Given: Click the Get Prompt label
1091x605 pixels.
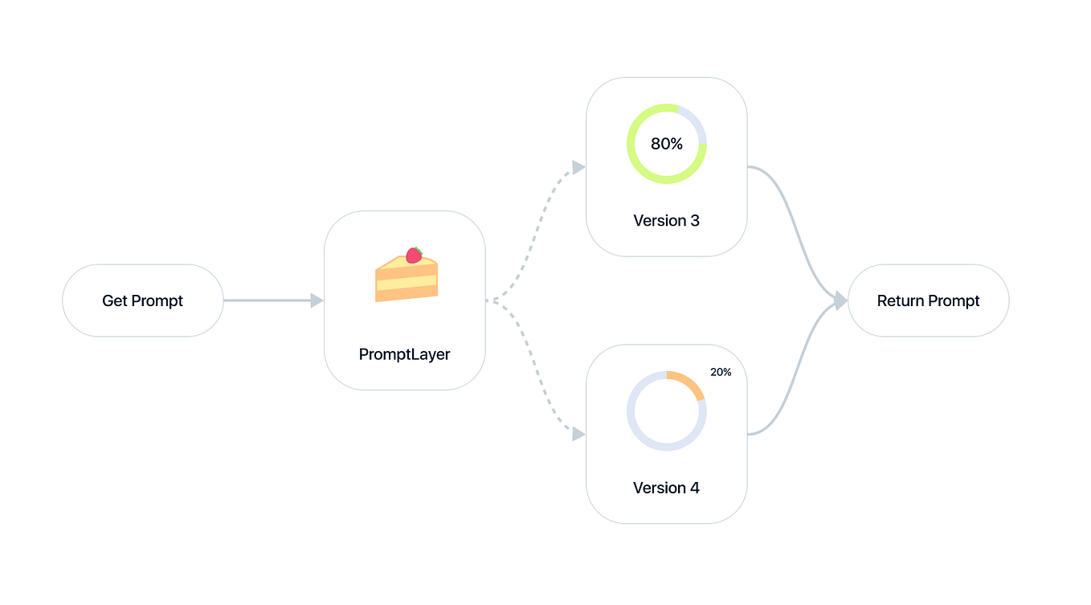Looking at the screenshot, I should pyautogui.click(x=142, y=300).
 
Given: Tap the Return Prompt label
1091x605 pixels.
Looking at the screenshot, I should pyautogui.click(x=928, y=300).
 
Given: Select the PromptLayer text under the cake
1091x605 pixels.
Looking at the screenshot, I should pyautogui.click(x=404, y=354).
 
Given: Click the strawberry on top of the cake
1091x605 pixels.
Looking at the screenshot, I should pyautogui.click(x=414, y=255).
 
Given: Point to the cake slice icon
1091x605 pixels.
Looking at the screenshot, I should pyautogui.click(x=407, y=277).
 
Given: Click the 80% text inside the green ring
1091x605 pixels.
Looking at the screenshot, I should pyautogui.click(x=666, y=144).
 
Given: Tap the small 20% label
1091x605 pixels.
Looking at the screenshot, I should pyautogui.click(x=721, y=372).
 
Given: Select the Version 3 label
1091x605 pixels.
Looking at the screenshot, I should pyautogui.click(x=666, y=220).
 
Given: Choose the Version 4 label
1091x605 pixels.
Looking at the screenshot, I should pyautogui.click(x=666, y=488).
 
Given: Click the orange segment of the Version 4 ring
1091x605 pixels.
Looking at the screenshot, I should pyautogui.click(x=689, y=382).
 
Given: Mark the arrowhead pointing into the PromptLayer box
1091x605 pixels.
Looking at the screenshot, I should pyautogui.click(x=317, y=300).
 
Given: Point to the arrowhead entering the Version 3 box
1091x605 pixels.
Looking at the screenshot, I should pyautogui.click(x=578, y=167).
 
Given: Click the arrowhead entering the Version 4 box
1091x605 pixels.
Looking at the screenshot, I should pyautogui.click(x=578, y=435).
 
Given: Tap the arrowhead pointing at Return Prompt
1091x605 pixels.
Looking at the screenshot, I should pyautogui.click(x=840, y=300).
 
